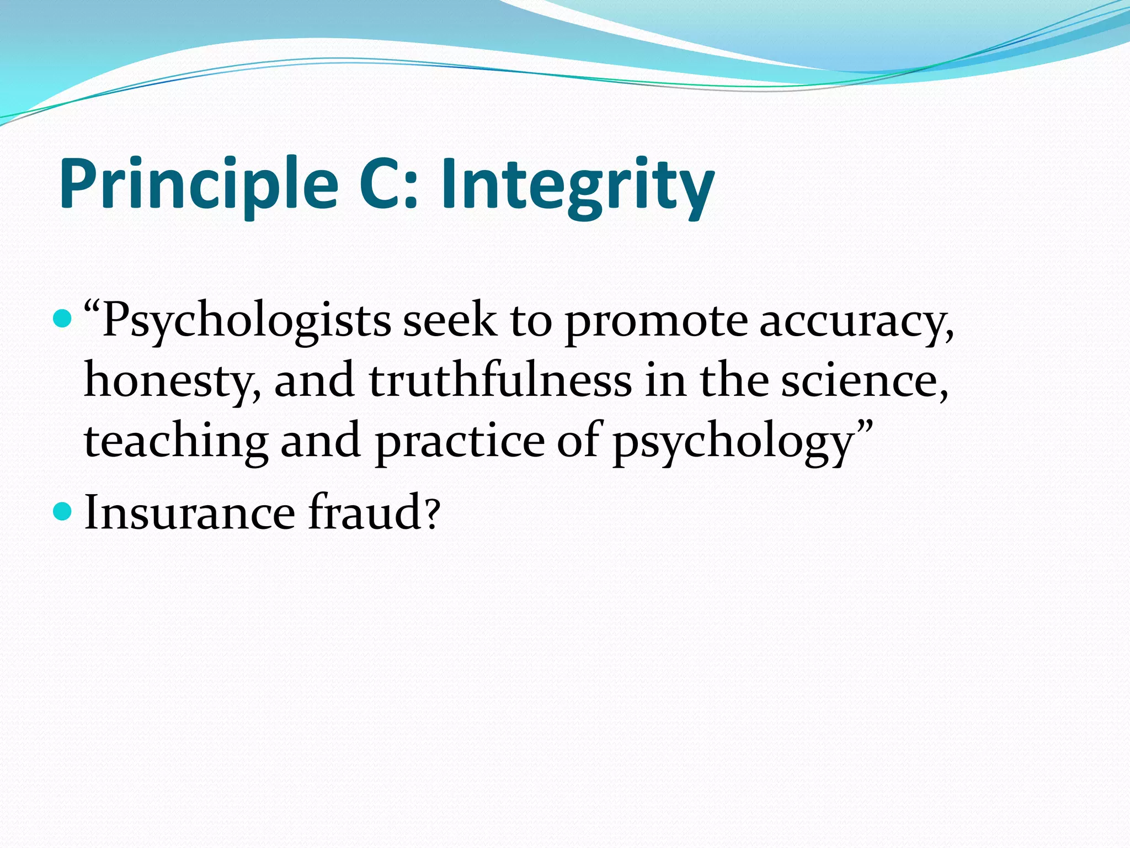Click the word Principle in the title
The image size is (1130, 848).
[x=199, y=184]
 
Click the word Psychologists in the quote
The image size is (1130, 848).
[x=246, y=321]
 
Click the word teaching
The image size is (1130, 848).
[x=176, y=441]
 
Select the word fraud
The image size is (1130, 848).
[x=366, y=512]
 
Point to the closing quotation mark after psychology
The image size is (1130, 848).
[x=865, y=426]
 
